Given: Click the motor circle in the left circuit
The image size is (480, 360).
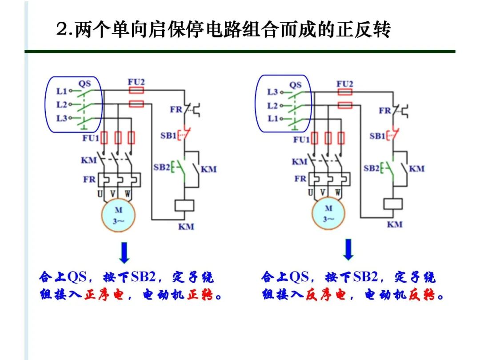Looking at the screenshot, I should (118, 215).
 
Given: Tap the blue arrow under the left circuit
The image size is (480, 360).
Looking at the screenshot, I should (124, 252).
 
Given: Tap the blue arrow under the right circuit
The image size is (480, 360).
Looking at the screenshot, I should (349, 249).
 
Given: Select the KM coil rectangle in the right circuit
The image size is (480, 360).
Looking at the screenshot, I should (393, 204).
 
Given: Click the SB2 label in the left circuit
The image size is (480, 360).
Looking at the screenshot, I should (162, 167).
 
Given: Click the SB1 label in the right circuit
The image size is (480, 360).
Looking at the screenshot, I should (377, 136).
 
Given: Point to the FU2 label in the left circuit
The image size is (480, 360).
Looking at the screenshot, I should (136, 82).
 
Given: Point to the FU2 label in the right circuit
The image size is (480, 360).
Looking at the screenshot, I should (344, 84).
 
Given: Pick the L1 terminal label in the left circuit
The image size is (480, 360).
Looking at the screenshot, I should (61, 91).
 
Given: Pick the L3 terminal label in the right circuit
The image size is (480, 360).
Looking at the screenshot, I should (272, 92).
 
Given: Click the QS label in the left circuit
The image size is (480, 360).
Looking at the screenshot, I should (84, 83).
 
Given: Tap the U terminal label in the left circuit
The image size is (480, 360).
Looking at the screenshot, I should (100, 194).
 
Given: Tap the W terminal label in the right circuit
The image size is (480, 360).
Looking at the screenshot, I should (338, 193).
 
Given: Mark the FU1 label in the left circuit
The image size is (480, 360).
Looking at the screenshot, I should (91, 138).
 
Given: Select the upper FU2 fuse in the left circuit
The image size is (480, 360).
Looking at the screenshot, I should (136, 90).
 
